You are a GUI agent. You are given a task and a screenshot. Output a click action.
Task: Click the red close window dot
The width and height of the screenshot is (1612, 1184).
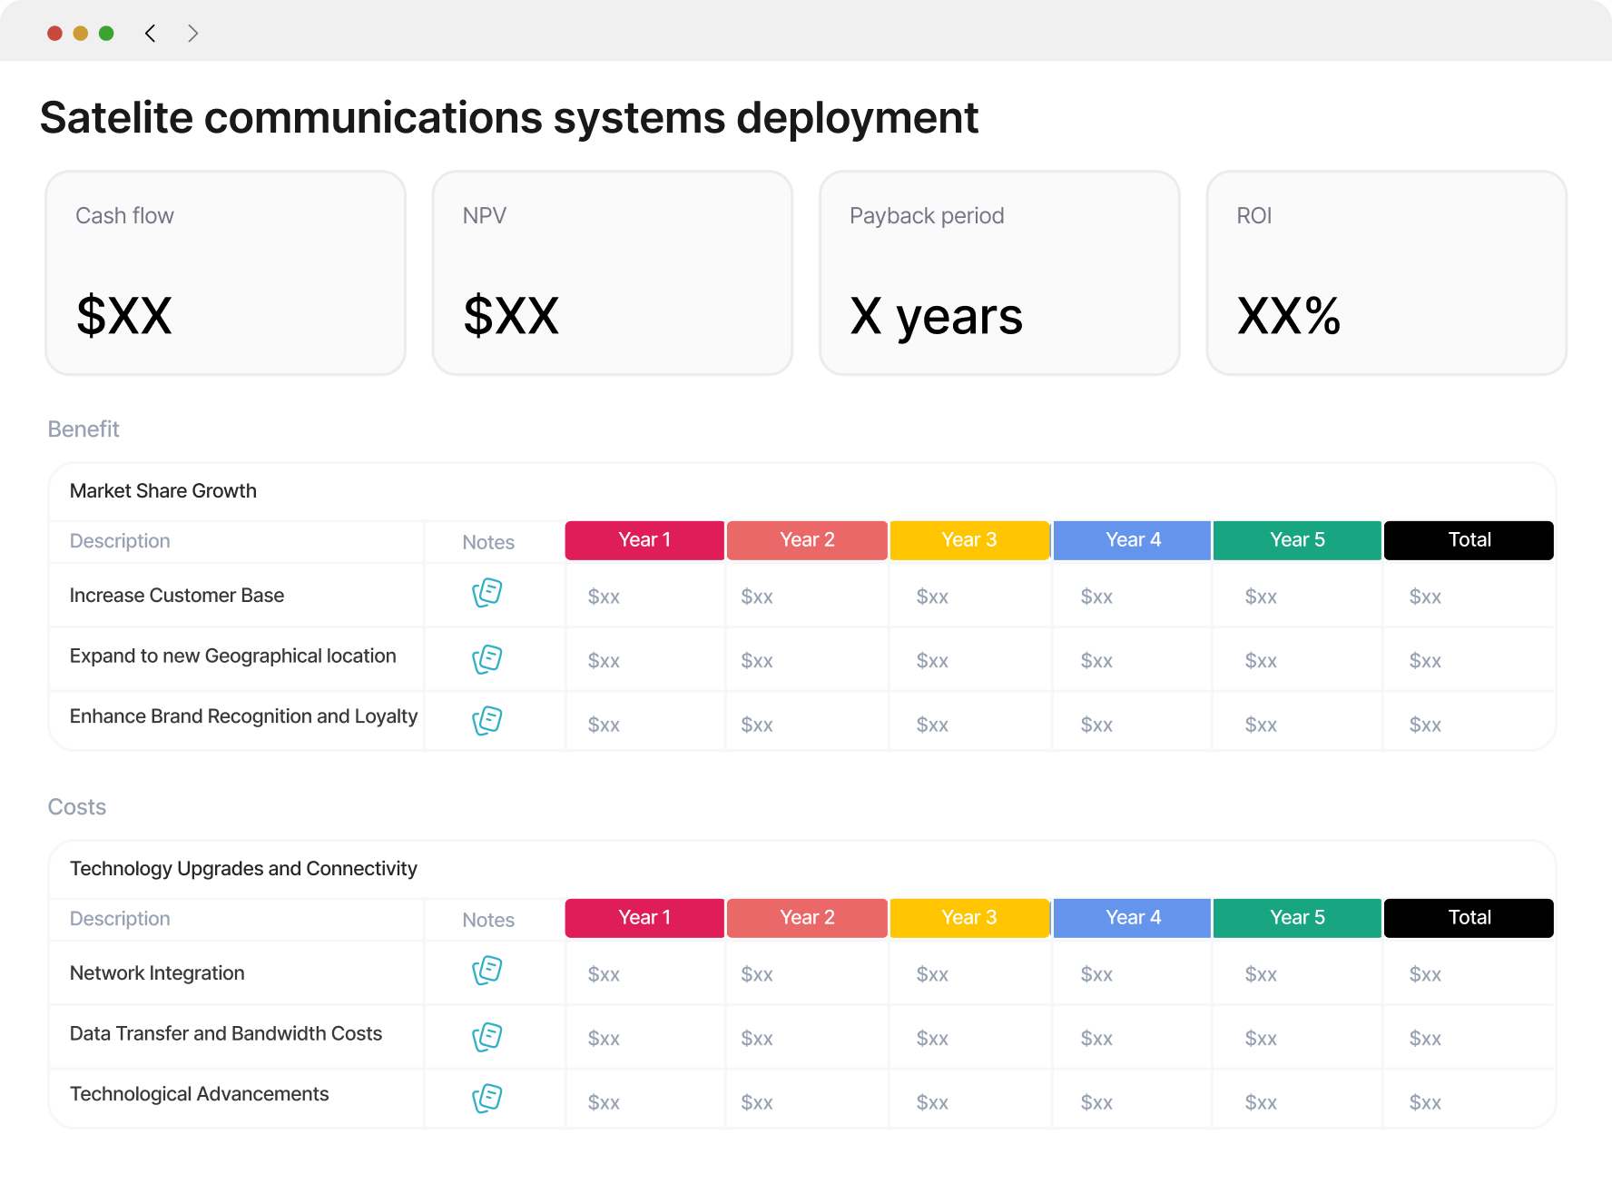click(54, 34)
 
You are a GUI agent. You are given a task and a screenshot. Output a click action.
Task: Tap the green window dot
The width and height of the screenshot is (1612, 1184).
click(106, 34)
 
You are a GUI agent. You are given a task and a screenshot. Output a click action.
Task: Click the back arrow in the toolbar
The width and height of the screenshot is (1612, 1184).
click(150, 34)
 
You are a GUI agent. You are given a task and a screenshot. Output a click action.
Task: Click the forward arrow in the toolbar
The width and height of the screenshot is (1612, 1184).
click(192, 34)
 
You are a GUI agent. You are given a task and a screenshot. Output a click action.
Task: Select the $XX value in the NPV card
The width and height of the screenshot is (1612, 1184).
click(511, 316)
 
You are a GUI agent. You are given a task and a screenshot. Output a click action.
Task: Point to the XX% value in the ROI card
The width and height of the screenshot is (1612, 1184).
click(1289, 316)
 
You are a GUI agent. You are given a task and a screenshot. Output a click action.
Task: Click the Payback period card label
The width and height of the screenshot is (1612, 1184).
click(927, 216)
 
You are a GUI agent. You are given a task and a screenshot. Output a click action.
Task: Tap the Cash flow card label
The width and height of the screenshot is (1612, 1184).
click(124, 216)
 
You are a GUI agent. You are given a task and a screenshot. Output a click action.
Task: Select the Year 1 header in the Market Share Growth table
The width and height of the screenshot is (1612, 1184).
click(644, 540)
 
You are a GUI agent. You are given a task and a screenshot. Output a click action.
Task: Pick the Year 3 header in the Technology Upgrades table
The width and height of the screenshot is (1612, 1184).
click(969, 918)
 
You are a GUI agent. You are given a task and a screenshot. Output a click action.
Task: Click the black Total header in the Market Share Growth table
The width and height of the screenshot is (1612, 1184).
click(1469, 540)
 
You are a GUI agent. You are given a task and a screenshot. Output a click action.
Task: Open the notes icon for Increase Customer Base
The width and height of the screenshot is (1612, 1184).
click(487, 593)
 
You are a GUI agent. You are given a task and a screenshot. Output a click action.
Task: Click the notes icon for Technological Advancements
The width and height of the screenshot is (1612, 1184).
click(487, 1099)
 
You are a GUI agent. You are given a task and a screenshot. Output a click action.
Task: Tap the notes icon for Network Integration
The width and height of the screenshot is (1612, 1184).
click(487, 971)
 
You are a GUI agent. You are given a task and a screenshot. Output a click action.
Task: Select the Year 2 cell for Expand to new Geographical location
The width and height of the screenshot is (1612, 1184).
click(757, 661)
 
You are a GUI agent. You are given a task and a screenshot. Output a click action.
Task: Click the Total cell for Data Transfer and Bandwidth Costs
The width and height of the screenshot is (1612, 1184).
click(1425, 1039)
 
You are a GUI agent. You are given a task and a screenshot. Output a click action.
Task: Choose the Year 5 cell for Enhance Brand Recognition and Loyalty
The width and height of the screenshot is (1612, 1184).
click(1261, 725)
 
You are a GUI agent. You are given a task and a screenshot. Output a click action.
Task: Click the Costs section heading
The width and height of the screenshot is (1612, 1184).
click(77, 807)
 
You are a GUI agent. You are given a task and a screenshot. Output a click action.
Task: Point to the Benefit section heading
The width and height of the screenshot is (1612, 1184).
click(84, 429)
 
